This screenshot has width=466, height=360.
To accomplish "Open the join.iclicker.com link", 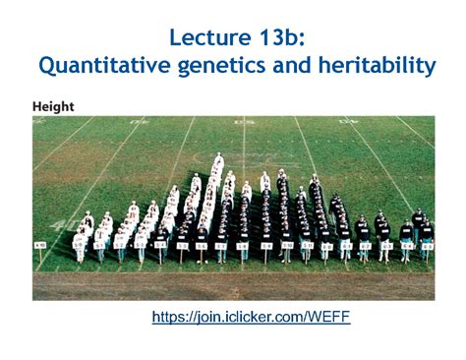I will click(x=251, y=317).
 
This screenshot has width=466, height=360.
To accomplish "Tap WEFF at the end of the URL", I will click(x=329, y=317).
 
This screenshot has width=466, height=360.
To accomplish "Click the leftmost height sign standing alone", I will click(x=40, y=243).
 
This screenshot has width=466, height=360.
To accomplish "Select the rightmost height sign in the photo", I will click(x=427, y=243).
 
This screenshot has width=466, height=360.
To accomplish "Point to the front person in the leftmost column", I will click(x=80, y=246).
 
